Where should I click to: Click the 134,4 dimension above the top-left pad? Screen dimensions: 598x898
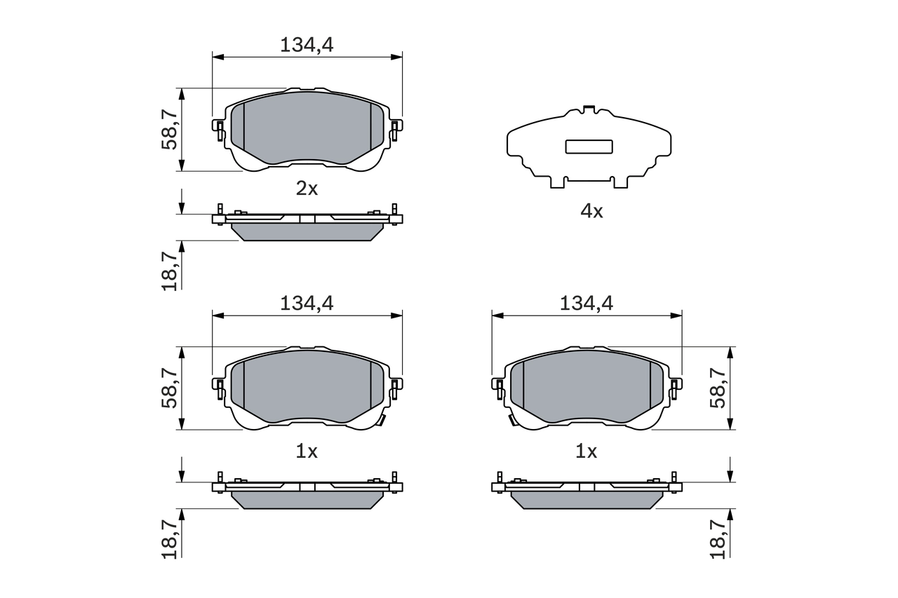307,45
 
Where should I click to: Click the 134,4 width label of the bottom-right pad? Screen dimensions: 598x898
587,303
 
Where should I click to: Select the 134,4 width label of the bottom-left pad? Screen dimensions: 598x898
307,303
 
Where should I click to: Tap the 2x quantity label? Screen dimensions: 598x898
307,189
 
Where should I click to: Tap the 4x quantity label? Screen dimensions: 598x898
591,211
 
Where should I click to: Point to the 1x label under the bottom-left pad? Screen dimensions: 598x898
307,452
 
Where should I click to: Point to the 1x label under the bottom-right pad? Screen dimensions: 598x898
586,452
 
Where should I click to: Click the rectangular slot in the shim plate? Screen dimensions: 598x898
589,147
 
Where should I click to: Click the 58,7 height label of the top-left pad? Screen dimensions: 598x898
169,130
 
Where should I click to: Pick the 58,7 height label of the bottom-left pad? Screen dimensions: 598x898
169,388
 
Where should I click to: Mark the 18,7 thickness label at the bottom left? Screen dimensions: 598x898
169,541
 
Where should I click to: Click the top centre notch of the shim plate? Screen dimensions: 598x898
589,109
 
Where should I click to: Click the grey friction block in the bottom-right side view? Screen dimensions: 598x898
587,499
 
